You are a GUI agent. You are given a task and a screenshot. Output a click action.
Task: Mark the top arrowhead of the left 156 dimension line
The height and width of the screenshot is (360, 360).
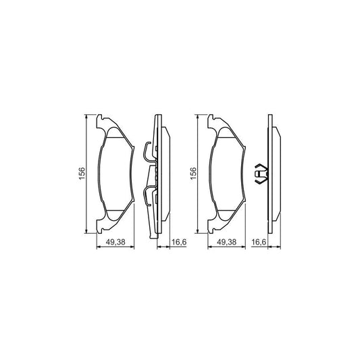(x=86, y=117)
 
